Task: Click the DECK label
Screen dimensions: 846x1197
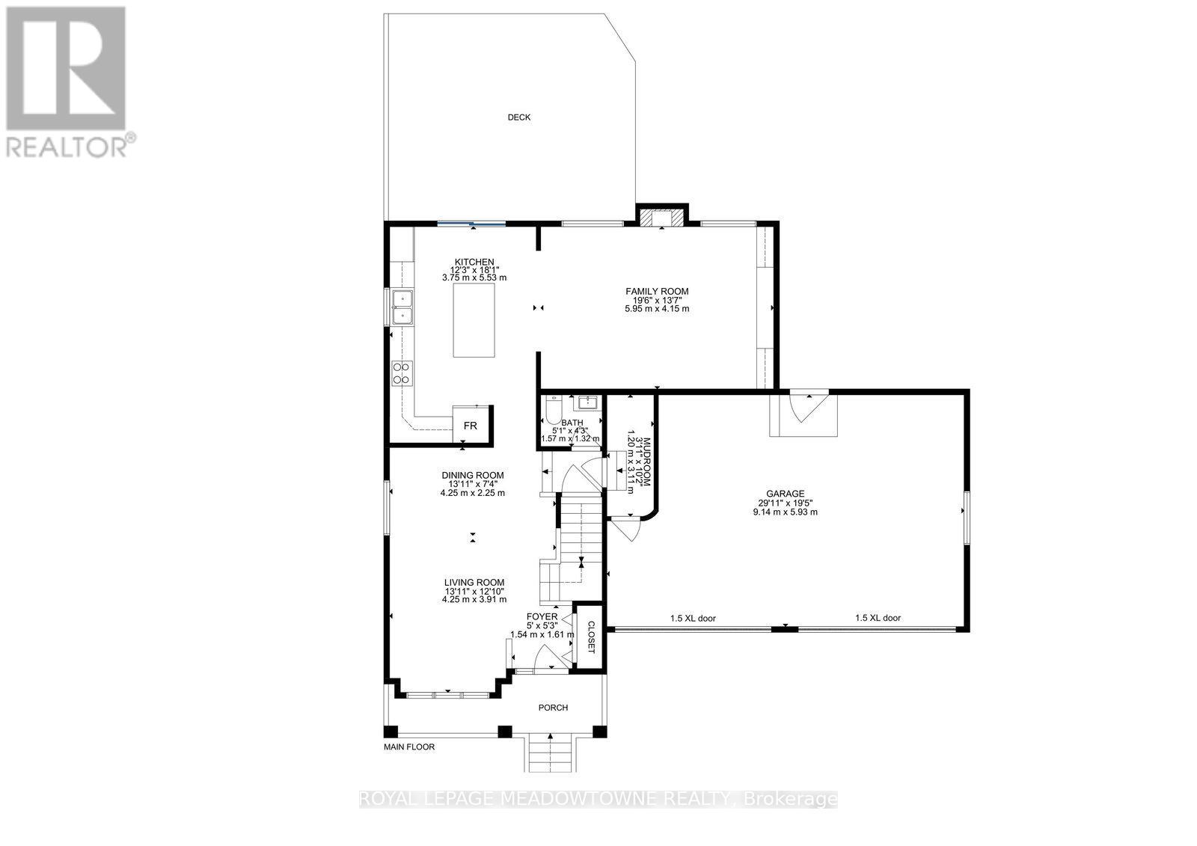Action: click(518, 117)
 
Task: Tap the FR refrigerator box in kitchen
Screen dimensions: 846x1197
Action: click(471, 426)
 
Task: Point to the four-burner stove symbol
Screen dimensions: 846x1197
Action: click(402, 372)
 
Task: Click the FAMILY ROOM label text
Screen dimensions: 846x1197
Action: click(657, 292)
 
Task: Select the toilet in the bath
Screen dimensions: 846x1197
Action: click(552, 410)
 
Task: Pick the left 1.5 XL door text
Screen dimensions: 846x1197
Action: click(693, 619)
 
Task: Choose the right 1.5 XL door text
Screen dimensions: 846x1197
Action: click(878, 619)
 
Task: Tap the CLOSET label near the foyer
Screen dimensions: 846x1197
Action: click(590, 637)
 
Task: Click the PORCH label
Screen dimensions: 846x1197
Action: click(553, 708)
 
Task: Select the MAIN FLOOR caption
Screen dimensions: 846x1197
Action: click(408, 747)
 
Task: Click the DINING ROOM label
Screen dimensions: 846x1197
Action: click(472, 475)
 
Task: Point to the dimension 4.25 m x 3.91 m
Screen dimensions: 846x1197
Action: click(474, 599)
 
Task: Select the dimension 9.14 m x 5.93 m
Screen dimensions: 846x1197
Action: click(785, 512)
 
